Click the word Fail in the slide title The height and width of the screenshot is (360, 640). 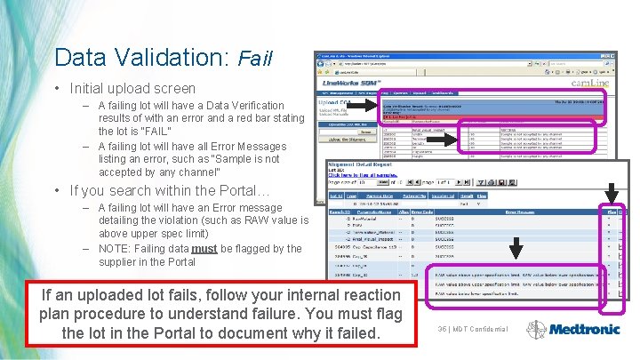[x=255, y=60]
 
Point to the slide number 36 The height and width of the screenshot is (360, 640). [x=443, y=329]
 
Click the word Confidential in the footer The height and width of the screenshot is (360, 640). [x=488, y=329]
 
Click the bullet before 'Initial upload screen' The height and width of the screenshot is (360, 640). [x=58, y=89]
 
